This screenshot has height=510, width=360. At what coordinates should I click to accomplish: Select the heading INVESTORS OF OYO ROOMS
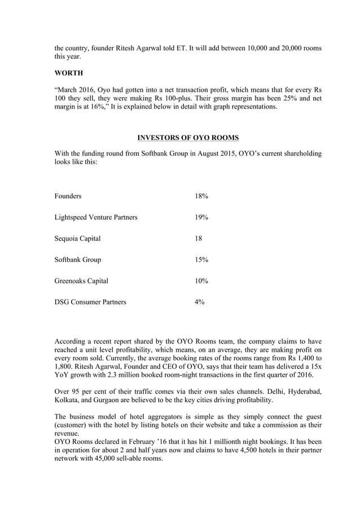pos(188,137)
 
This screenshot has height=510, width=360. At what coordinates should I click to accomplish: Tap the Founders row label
pos(68,196)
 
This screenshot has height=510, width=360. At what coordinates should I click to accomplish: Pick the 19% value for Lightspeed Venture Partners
pos(201,217)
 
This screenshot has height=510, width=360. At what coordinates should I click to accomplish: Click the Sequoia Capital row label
pos(78,238)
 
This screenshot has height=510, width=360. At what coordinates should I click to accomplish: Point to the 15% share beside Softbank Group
pos(201,260)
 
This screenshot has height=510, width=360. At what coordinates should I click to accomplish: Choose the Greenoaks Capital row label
pos(81,281)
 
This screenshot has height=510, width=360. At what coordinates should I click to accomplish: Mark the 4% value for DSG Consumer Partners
pos(200,302)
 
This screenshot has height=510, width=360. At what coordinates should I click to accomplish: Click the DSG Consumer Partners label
pos(90,302)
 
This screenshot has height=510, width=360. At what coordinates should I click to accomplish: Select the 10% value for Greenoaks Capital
pos(201,281)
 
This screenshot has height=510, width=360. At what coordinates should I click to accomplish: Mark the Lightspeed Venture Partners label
pos(96,217)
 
